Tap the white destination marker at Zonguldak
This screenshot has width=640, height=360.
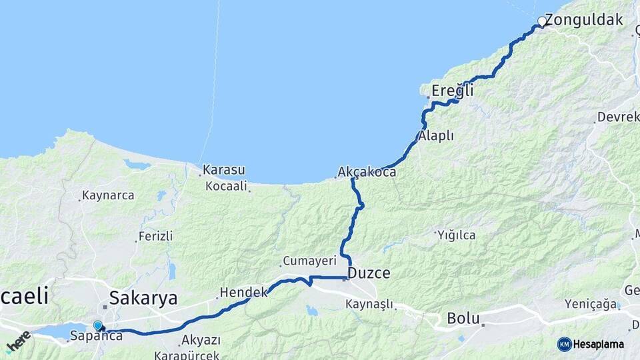[x=542, y=22]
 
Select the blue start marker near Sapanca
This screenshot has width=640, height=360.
[x=98, y=325]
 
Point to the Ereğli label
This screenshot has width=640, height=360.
[x=453, y=90]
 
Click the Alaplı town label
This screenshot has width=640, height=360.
[x=437, y=136]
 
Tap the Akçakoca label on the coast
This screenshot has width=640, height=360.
[x=367, y=172]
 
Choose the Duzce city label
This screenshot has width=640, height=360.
[x=369, y=273]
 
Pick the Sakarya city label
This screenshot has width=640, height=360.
[x=143, y=297]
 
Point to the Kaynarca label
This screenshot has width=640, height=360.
[x=107, y=195]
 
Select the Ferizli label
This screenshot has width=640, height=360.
[x=155, y=236]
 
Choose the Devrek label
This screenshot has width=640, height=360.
[x=617, y=117]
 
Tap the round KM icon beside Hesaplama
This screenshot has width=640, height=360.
[x=564, y=344]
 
